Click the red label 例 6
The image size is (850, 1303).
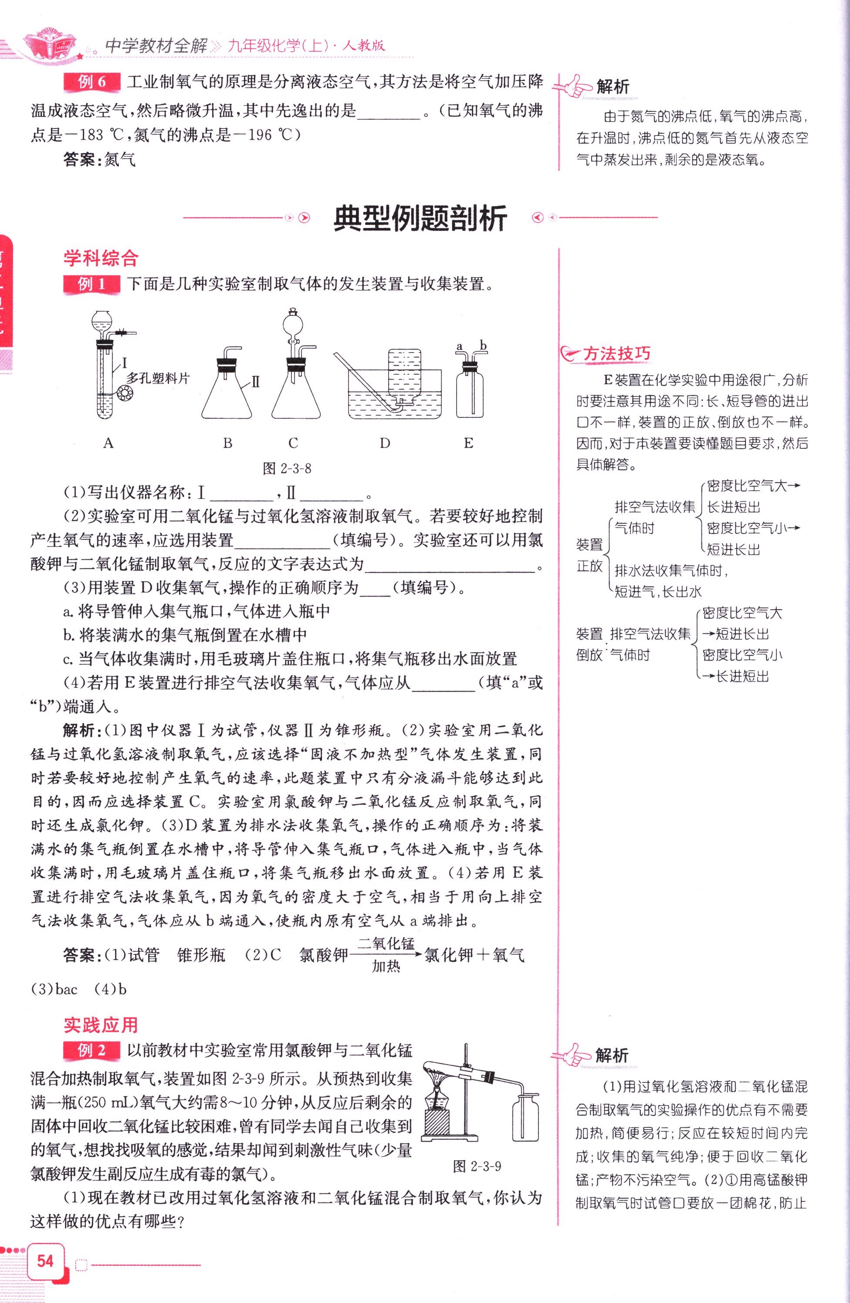91,82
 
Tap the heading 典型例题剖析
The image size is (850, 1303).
420,218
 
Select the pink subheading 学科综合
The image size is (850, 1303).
101,258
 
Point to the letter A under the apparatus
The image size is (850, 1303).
108,443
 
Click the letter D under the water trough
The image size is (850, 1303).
385,443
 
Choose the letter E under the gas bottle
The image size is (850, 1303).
468,443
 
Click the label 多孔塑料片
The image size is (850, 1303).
158,378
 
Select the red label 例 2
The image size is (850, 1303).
91,1050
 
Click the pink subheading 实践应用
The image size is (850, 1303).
101,1025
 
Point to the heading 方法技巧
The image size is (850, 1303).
616,354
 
